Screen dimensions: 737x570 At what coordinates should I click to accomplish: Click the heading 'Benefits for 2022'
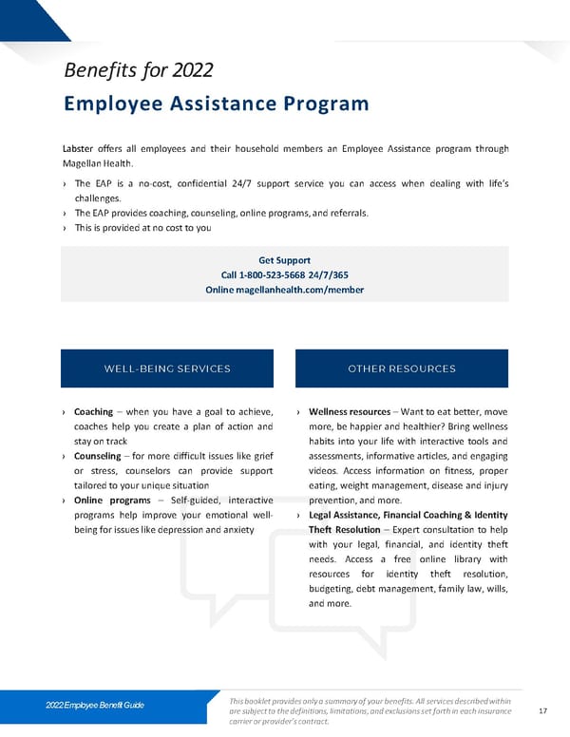coord(137,70)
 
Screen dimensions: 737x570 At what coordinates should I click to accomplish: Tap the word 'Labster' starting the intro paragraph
coord(80,148)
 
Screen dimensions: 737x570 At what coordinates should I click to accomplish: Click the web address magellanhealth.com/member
coord(299,290)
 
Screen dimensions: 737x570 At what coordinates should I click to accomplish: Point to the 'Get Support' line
coord(284,260)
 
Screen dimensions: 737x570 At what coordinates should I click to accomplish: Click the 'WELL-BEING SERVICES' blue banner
coord(167,368)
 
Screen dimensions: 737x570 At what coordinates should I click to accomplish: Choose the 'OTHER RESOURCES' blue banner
coord(402,368)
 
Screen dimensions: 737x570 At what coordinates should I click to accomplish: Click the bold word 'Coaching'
coord(94,412)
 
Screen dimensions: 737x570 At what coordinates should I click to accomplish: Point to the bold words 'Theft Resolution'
coord(345,530)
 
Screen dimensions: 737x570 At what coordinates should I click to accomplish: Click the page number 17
coord(542,710)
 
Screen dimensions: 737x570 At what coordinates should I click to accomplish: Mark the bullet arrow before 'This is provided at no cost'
coord(64,228)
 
